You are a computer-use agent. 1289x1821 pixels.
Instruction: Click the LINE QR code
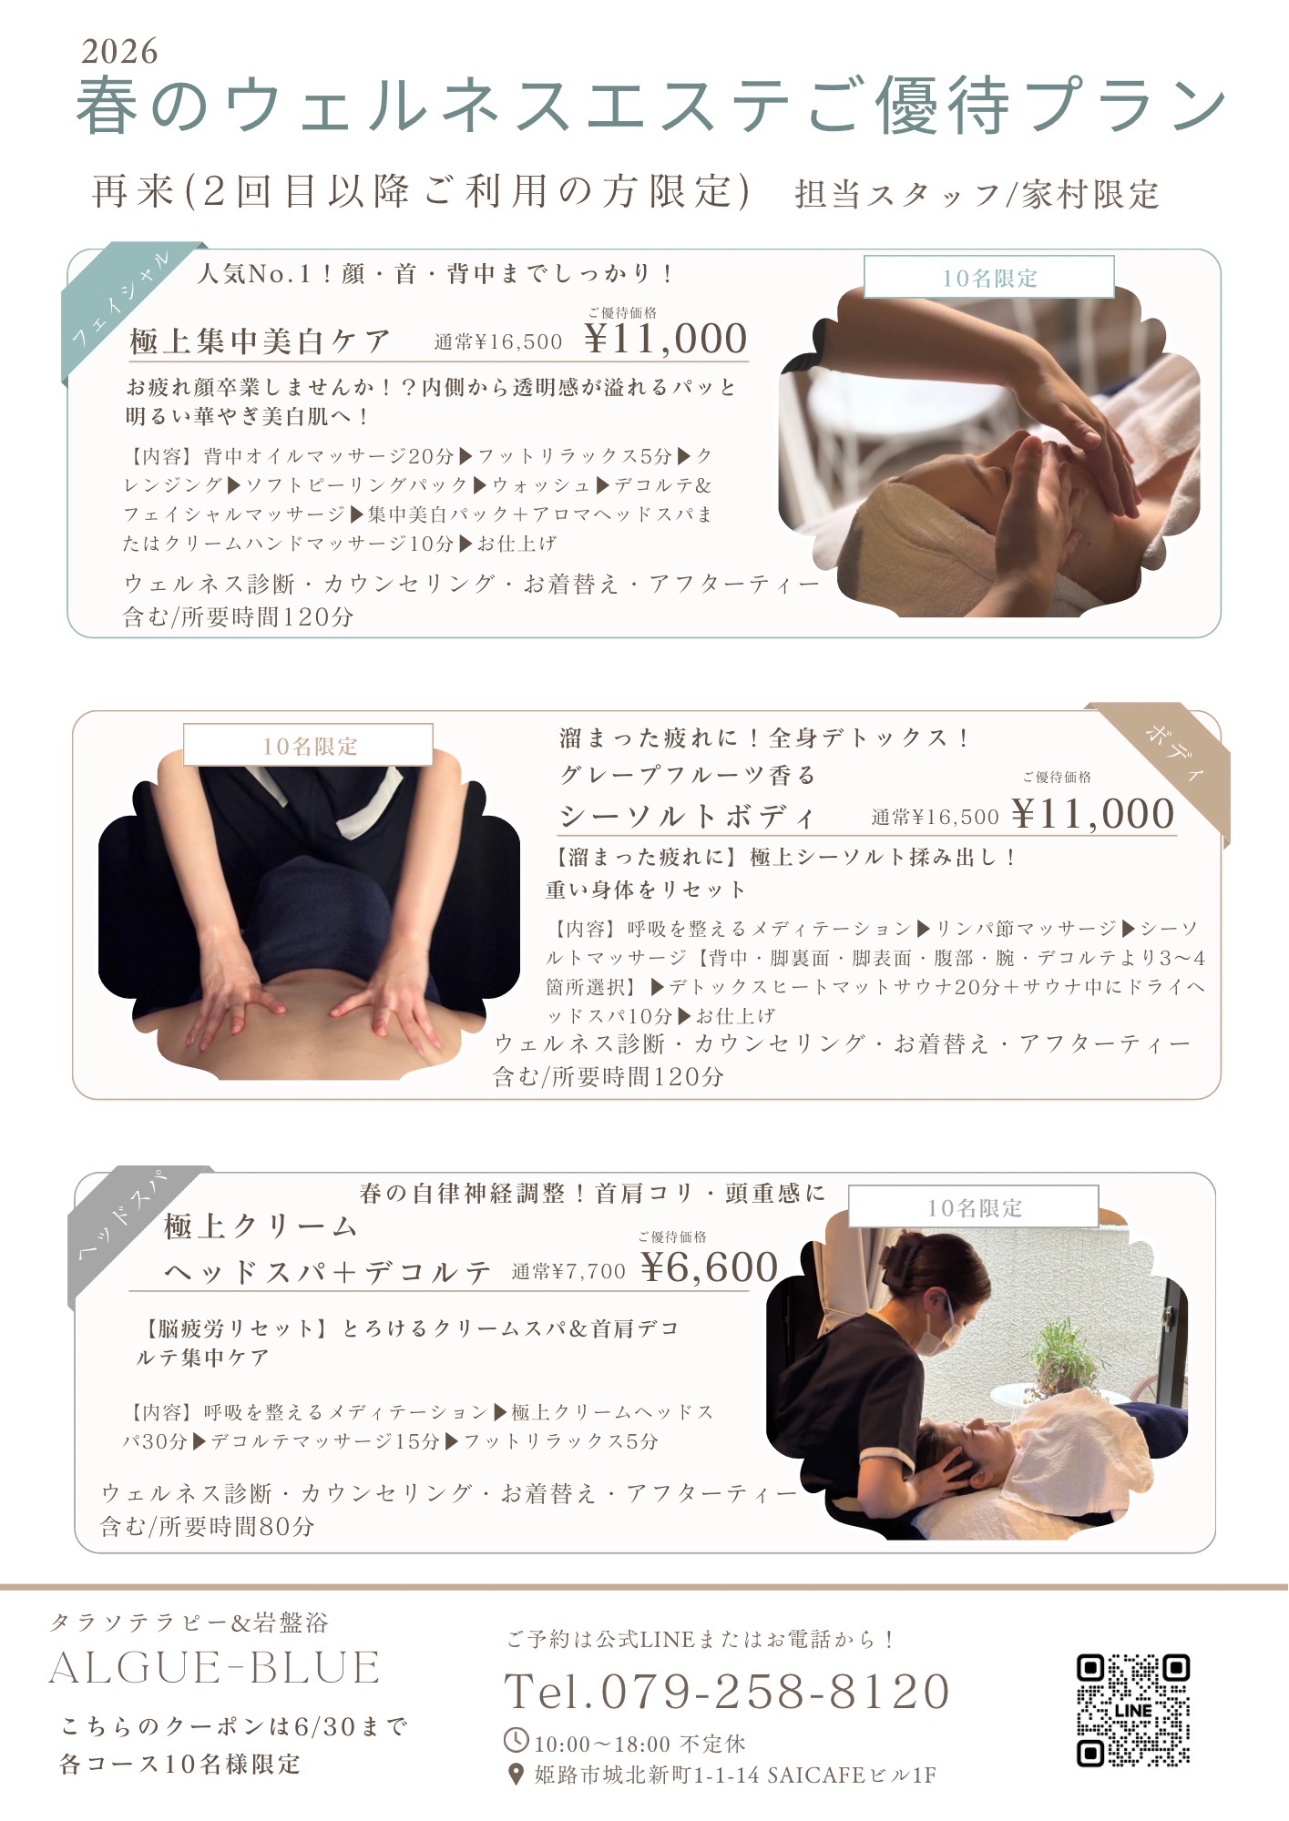[x=1132, y=1710]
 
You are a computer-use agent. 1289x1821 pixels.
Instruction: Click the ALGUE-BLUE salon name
[x=214, y=1668]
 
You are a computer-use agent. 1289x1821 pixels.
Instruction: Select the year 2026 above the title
[x=119, y=52]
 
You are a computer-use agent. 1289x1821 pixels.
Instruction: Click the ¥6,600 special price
[x=709, y=1267]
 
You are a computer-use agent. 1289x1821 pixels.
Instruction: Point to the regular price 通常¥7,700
[x=568, y=1272]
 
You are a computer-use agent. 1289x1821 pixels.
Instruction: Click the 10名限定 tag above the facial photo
[x=988, y=278]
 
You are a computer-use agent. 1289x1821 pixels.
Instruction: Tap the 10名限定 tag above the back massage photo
[x=308, y=746]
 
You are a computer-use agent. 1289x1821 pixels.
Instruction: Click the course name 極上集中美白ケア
[x=260, y=341]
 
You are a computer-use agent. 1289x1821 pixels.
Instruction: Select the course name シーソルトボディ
[x=687, y=816]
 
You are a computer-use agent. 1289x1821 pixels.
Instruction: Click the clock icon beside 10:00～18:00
[x=516, y=1740]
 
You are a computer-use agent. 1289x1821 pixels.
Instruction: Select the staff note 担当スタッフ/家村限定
[x=976, y=194]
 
